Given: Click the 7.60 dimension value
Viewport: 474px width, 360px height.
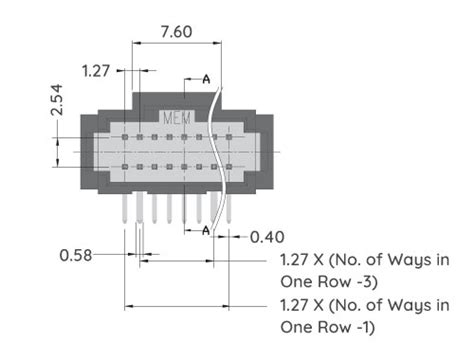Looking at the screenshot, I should (177, 31).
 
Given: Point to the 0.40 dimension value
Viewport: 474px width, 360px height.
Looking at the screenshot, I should (266, 237).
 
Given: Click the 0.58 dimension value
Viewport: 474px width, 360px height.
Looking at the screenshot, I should (76, 255).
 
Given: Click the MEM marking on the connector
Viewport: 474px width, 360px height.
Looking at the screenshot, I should (177, 117).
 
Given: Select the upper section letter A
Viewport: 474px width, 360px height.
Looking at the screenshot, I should (206, 78).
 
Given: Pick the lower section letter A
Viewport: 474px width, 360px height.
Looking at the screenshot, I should (206, 231).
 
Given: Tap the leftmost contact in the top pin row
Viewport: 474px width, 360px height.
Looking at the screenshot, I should (125, 136).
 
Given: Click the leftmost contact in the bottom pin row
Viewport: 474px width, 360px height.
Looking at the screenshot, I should (125, 166).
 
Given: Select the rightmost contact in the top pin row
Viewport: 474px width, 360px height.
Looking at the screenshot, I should (229, 136).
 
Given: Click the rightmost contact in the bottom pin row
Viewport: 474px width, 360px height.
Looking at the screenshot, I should (229, 166).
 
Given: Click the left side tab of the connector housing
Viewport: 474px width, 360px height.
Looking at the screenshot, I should (89, 150).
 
